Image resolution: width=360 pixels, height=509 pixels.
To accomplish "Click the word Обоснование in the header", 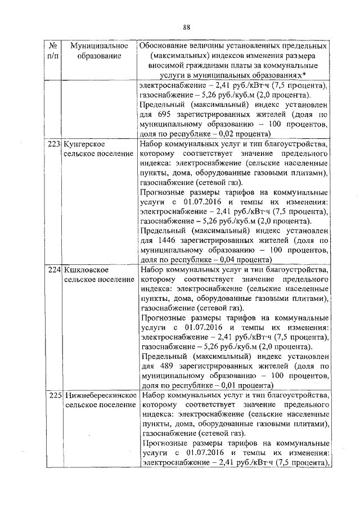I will point(166,45).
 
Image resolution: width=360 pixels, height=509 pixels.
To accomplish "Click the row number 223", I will point(54,144).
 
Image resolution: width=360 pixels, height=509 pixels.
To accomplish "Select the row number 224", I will point(54,270).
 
